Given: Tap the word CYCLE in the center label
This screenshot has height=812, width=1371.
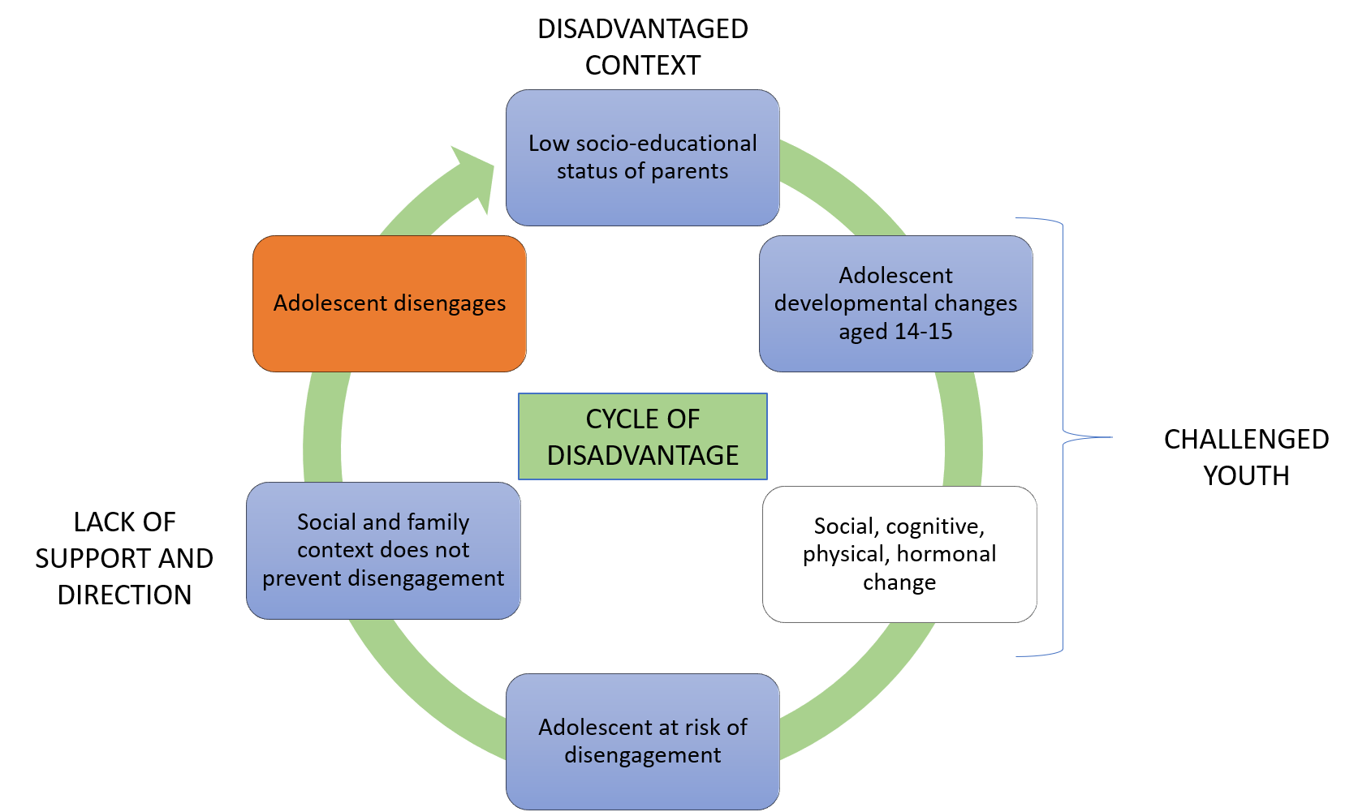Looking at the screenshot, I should pyautogui.click(x=614, y=419).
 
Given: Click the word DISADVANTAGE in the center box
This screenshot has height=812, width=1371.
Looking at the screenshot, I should pyautogui.click(x=642, y=456).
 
